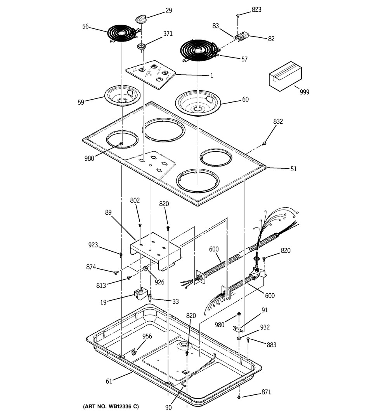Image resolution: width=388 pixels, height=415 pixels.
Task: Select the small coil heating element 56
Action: pyautogui.click(x=123, y=33)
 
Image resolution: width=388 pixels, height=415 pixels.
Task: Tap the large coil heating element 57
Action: pyautogui.click(x=200, y=50)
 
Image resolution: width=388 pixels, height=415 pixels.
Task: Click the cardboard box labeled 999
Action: pyautogui.click(x=285, y=76)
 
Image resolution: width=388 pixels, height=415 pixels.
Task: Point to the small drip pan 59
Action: pyautogui.click(x=122, y=96)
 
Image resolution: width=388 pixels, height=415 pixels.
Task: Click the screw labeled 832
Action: pyautogui.click(x=264, y=144)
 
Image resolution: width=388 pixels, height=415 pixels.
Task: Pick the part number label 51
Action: pyautogui.click(x=293, y=169)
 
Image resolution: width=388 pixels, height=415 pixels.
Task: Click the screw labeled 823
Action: pyautogui.click(x=237, y=16)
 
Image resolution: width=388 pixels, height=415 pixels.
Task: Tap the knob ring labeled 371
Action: pyautogui.click(x=142, y=47)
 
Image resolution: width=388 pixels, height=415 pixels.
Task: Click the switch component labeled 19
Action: pyautogui.click(x=140, y=294)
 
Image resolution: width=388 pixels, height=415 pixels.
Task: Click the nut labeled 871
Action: pyautogui.click(x=239, y=397)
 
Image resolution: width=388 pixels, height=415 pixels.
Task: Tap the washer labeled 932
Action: pyautogui.click(x=239, y=338)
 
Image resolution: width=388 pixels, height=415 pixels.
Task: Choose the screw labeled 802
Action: pyautogui.click(x=140, y=225)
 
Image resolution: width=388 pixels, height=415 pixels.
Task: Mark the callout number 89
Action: pyautogui.click(x=108, y=212)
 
